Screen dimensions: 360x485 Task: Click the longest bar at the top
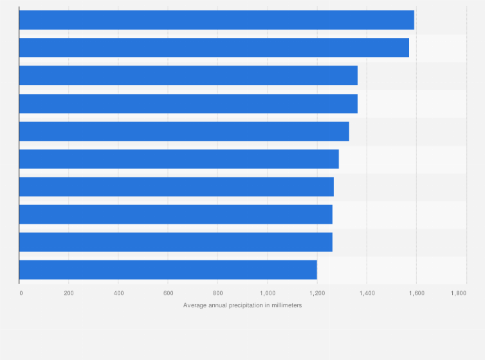click(216, 20)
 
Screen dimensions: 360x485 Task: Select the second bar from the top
click(214, 48)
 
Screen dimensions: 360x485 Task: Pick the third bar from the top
click(188, 75)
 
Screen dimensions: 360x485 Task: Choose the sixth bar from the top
click(179, 159)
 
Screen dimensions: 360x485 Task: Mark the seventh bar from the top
click(176, 186)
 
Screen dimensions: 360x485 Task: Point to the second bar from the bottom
click(176, 242)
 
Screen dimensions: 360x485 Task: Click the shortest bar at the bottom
click(168, 269)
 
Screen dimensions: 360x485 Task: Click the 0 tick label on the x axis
click(21, 293)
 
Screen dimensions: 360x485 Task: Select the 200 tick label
click(69, 293)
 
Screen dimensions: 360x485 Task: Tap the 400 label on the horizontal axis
click(118, 293)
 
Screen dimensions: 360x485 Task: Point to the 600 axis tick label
click(168, 293)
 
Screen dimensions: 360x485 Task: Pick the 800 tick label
click(217, 293)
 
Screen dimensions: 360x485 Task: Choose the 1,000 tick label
click(267, 293)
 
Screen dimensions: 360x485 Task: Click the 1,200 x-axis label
click(316, 293)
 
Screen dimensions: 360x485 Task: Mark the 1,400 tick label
click(366, 293)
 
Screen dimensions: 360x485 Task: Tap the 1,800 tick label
click(459, 293)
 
